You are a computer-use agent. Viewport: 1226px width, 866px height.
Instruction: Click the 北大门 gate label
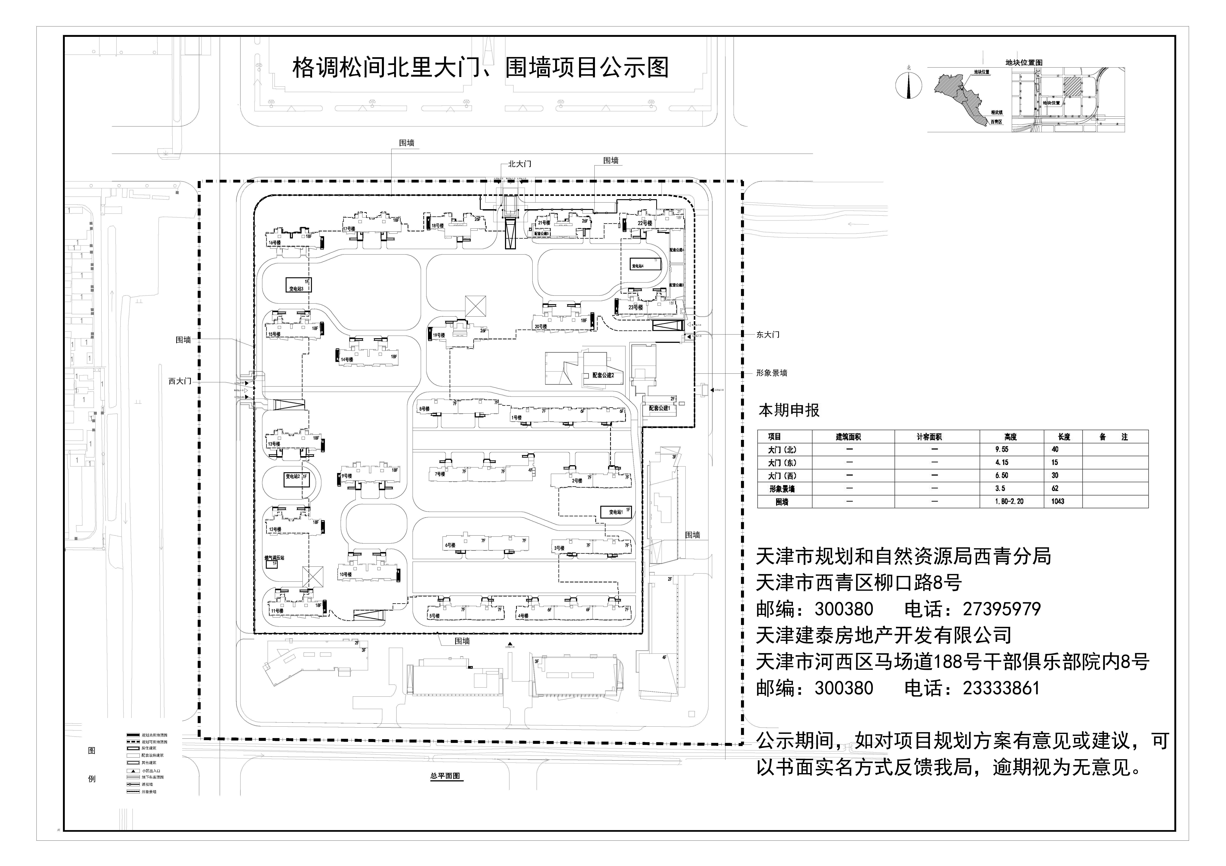click(519, 164)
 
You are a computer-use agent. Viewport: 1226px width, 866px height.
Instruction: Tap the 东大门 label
click(767, 335)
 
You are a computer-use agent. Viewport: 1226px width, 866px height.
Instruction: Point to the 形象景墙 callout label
click(771, 373)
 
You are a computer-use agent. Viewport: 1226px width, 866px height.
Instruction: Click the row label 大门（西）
click(782, 476)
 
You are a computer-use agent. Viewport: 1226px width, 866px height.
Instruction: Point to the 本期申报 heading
click(789, 411)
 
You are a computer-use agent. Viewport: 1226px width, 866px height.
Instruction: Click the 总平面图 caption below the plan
click(445, 776)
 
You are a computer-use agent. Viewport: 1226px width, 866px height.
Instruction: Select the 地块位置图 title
click(1024, 62)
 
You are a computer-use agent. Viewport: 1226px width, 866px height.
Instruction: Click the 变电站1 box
click(616, 511)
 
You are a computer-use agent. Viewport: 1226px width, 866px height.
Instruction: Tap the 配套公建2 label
click(603, 375)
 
